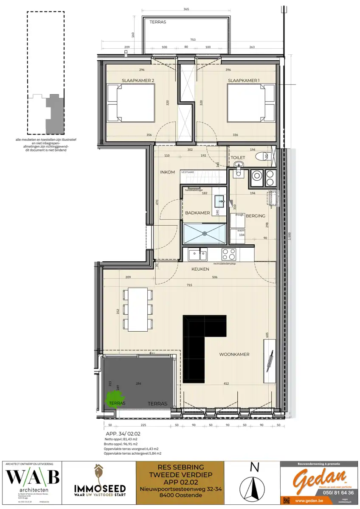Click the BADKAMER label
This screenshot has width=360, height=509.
coord(197,213)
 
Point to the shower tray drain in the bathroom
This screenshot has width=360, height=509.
coord(205,233)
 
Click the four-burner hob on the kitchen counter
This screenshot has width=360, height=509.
coord(230,255)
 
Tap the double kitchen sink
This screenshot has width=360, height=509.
coord(198,255)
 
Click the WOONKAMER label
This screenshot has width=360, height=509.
coord(234,354)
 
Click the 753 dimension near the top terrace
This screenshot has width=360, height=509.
coord(193,39)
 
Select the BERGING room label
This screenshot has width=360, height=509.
coord(256,215)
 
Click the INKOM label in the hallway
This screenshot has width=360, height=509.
coord(167,172)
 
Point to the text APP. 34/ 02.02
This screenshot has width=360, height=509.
coord(123,433)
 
